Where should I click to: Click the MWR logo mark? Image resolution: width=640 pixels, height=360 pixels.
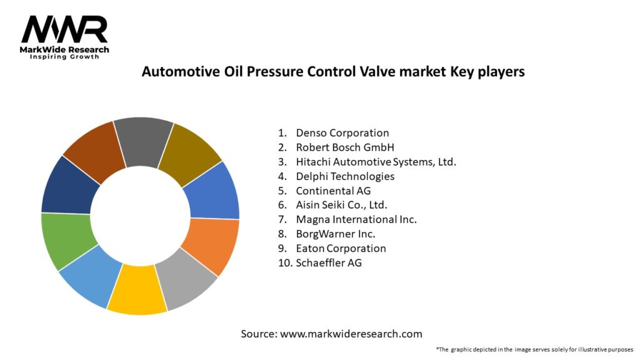(64, 29)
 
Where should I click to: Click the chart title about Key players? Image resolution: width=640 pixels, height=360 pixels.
(333, 71)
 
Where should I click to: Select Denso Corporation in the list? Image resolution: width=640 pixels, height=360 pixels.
(342, 132)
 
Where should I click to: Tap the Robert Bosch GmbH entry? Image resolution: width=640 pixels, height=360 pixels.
(345, 147)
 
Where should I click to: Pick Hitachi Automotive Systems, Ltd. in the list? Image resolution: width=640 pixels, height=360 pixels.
(376, 162)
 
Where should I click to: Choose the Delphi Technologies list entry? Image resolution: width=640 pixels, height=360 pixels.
(345, 176)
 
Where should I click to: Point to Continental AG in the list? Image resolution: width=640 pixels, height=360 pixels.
(333, 191)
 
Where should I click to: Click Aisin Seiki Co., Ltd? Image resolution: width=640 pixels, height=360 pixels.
(341, 205)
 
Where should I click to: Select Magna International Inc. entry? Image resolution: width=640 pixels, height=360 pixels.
(356, 219)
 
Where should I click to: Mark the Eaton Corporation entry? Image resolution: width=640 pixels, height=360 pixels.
(341, 248)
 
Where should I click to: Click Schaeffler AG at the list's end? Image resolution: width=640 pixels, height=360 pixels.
(329, 262)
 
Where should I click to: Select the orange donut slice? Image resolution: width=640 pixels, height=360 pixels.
(212, 244)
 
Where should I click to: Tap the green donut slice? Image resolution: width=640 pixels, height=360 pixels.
(67, 239)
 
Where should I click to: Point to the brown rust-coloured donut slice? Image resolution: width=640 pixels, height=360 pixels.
(94, 149)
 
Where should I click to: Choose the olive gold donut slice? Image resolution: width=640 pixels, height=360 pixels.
(191, 152)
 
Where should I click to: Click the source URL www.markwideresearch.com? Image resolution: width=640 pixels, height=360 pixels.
(351, 334)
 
